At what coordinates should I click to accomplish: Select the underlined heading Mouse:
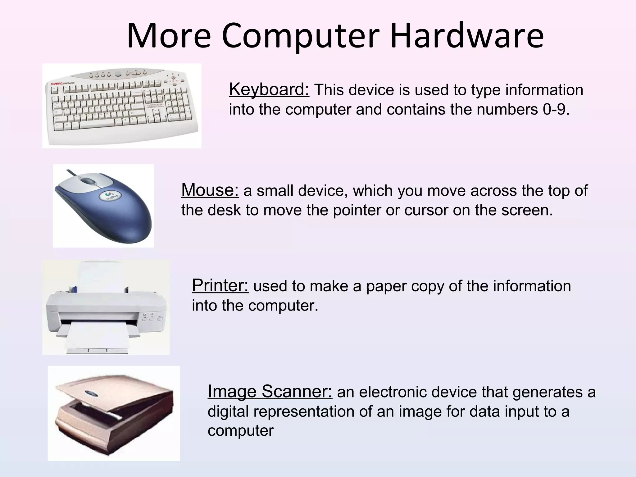[x=210, y=190]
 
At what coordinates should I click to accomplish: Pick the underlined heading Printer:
[x=220, y=285]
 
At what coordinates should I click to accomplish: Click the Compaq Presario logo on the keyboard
[x=62, y=84]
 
